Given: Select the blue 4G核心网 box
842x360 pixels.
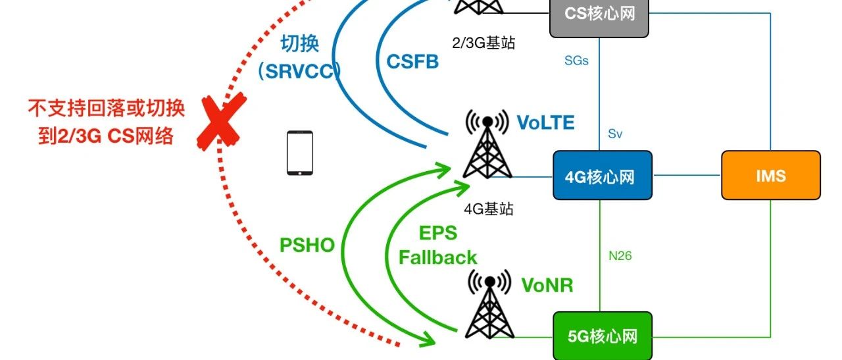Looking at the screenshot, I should click(x=603, y=176).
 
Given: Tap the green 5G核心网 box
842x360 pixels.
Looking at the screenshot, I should click(x=603, y=336).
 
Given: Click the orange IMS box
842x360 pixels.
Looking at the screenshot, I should click(x=771, y=175).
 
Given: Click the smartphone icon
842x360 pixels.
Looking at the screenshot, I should click(x=300, y=153).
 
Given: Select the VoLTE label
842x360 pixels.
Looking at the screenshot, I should click(x=545, y=123).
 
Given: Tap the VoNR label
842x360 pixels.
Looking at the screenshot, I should click(x=547, y=285).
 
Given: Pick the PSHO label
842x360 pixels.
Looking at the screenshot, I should click(x=307, y=245).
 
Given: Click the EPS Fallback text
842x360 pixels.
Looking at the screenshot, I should click(x=438, y=245).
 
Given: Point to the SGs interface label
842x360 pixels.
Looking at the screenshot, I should click(x=576, y=61).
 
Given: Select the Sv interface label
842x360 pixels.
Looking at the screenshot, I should click(x=615, y=134).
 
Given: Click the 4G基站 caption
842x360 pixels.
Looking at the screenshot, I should click(x=488, y=209).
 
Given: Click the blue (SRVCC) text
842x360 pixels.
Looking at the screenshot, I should click(x=300, y=72).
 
